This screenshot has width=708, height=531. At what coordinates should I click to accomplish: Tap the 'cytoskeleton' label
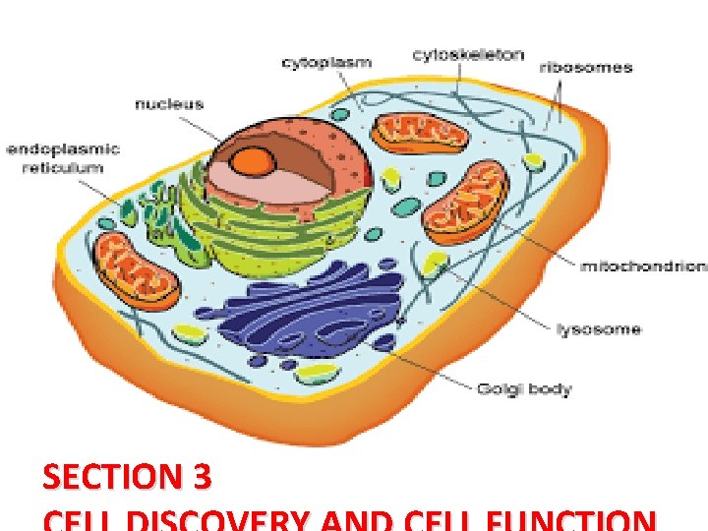(x=467, y=55)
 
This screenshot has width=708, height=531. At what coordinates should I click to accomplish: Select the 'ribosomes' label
(x=585, y=68)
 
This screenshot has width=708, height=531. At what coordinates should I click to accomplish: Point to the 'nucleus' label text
(x=168, y=103)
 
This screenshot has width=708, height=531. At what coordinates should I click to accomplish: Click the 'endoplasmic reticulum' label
(x=64, y=158)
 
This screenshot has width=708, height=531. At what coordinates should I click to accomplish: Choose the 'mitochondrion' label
(x=643, y=265)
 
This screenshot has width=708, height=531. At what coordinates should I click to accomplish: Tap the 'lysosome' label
(x=598, y=328)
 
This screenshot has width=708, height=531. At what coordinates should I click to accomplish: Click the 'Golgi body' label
(x=523, y=389)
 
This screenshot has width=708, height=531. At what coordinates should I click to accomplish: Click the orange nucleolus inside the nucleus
(x=257, y=159)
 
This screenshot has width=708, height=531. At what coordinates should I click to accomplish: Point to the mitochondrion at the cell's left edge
(x=136, y=270)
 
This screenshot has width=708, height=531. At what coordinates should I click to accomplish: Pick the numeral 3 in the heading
(x=202, y=478)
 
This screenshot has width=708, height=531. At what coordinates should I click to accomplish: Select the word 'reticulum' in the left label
(x=64, y=168)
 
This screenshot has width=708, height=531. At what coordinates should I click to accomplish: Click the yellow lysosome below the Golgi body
(x=317, y=374)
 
